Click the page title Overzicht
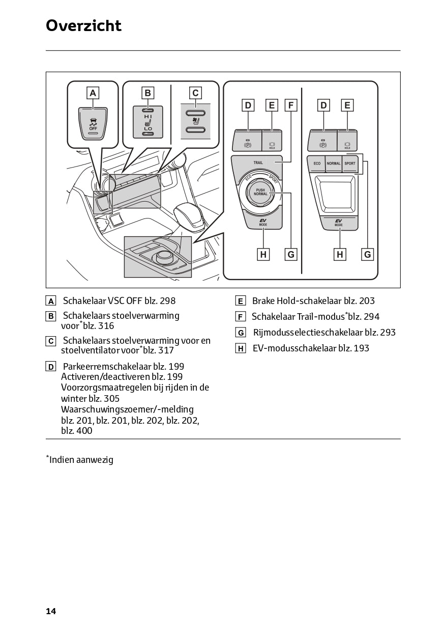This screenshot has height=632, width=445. click(x=83, y=25)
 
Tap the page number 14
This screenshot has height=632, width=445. click(x=51, y=611)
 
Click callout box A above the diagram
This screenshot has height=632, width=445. click(x=93, y=93)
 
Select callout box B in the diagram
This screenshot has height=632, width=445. click(x=147, y=93)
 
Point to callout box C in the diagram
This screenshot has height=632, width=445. click(x=195, y=93)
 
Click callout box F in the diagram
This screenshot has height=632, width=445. click(x=290, y=105)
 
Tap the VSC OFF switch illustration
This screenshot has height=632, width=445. click(x=93, y=124)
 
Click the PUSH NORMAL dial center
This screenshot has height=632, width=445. click(x=260, y=192)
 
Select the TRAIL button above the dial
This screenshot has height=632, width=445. click(x=258, y=162)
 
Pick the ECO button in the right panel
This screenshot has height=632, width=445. click(x=317, y=163)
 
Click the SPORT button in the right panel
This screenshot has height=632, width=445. click(x=350, y=163)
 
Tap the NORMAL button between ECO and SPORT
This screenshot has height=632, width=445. click(x=334, y=163)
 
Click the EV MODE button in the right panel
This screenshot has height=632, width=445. click(x=339, y=223)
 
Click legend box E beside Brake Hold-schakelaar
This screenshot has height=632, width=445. click(x=241, y=301)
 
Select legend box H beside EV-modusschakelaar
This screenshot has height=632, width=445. click(x=241, y=348)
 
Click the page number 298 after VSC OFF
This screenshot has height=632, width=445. click(x=167, y=301)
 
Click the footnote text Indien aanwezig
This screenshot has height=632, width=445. click(x=81, y=460)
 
